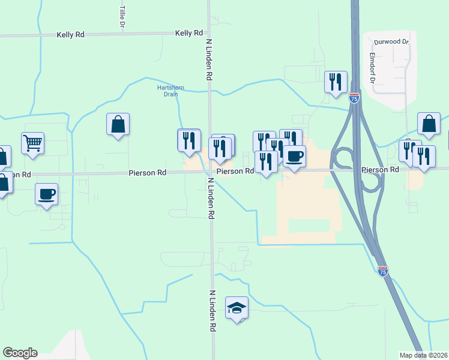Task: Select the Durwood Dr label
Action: pyautogui.click(x=391, y=42)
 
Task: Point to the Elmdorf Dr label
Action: pyautogui.click(x=373, y=69)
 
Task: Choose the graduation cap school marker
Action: pyautogui.click(x=237, y=308)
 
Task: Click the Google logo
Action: pyautogui.click(x=20, y=353)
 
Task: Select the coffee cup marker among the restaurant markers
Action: pyautogui.click(x=294, y=157)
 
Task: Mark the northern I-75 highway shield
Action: pyautogui.click(x=355, y=98)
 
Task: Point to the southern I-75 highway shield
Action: pyautogui.click(x=383, y=271)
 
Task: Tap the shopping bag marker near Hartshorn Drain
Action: pyautogui.click(x=118, y=124)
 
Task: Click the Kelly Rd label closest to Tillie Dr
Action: pyautogui.click(x=71, y=35)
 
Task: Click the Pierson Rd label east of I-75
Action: pyautogui.click(x=381, y=170)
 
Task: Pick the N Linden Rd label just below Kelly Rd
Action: pyautogui.click(x=209, y=61)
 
